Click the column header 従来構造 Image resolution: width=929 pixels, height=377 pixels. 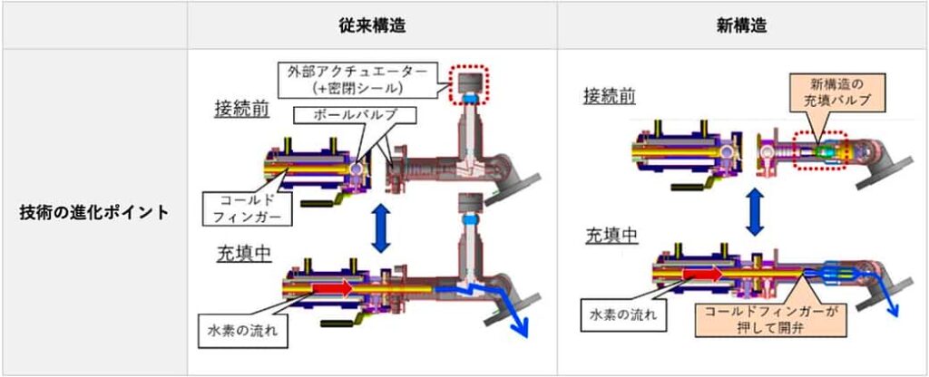372,25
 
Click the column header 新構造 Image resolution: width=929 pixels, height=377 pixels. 742,25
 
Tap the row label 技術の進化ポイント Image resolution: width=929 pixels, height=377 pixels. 94,212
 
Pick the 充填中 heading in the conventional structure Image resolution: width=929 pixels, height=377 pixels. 243,254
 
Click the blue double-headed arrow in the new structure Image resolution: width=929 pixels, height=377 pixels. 753,212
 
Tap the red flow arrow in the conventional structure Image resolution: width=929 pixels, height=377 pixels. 332,287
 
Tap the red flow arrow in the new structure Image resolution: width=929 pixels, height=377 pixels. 702,274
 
